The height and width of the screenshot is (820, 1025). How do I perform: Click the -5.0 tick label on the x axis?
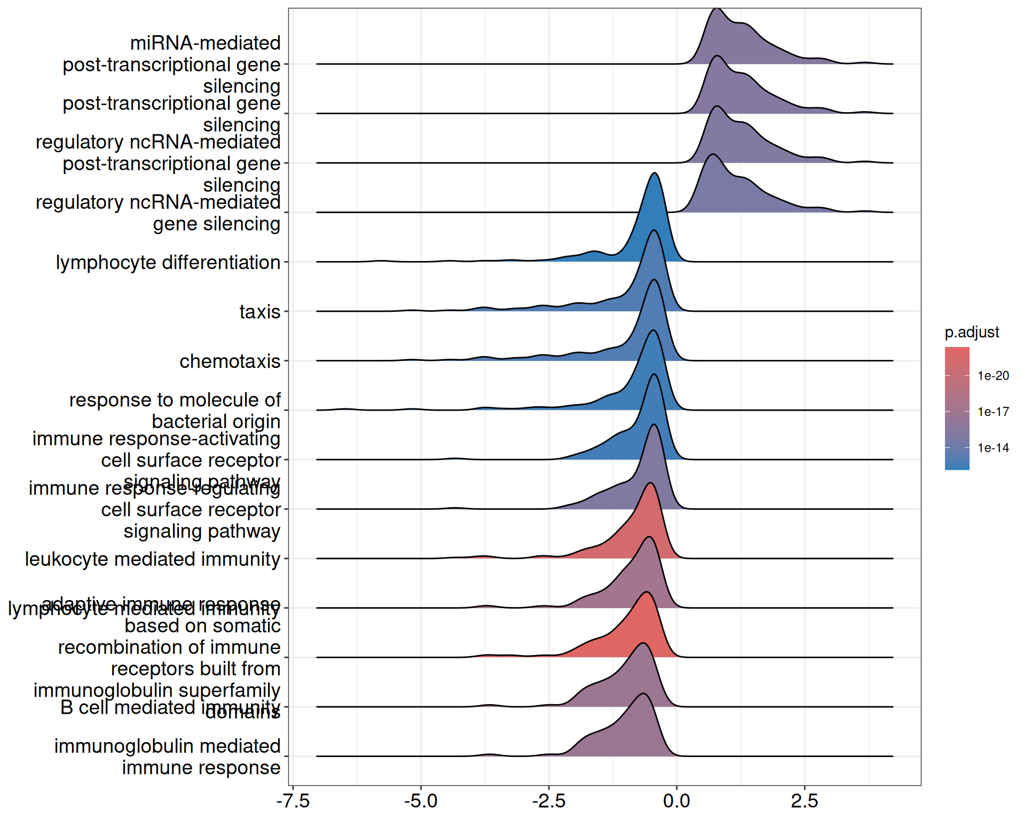421,801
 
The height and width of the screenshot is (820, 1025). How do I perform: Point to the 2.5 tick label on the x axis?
805,801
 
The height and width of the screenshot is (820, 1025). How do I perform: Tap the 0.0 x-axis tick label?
676,801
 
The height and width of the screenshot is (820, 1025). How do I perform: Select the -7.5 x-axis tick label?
293,801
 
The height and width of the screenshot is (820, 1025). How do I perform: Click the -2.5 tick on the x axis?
549,801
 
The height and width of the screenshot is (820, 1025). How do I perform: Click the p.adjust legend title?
972,332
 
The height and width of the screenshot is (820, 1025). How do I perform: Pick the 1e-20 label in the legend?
993,376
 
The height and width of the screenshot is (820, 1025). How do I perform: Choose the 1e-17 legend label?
993,412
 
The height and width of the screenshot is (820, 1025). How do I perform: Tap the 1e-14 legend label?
993,448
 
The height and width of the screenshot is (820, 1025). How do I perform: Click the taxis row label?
259,312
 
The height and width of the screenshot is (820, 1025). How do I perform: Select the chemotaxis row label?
230,361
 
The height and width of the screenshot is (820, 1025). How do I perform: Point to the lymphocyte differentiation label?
168,263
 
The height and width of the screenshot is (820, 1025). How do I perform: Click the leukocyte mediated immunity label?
153,559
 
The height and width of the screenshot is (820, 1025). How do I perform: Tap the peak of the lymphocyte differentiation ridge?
655,174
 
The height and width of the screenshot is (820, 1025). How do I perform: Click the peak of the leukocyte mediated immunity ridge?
650,483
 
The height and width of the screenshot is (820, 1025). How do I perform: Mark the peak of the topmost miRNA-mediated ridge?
717,9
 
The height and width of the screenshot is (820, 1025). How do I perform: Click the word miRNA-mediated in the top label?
206,43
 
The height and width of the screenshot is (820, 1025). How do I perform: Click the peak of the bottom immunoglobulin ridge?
643,694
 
